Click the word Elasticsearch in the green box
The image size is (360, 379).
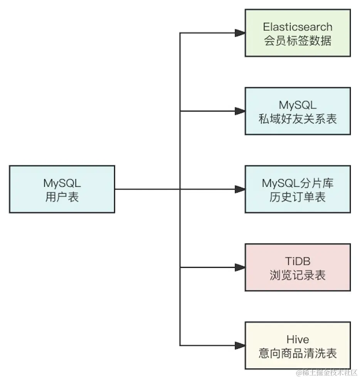[x=298, y=27]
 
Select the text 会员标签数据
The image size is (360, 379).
[x=298, y=41]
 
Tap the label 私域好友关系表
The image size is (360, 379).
[x=298, y=118]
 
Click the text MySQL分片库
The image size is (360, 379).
[x=298, y=183]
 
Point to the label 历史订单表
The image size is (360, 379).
[x=298, y=197]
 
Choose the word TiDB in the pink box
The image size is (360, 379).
[x=298, y=261]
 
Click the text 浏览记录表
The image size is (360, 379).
[x=298, y=275]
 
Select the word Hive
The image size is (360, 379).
[x=298, y=339]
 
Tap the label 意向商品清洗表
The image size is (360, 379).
[x=298, y=353]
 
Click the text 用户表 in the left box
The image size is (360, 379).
[x=62, y=197]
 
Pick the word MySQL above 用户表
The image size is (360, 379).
[x=62, y=183]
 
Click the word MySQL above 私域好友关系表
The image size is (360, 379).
[x=298, y=105]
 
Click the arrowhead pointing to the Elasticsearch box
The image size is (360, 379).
[x=240, y=33]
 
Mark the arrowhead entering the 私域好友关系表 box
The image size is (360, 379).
[x=240, y=111]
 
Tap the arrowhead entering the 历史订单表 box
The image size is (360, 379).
[x=240, y=189]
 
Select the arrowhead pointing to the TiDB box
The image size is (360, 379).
[x=240, y=267]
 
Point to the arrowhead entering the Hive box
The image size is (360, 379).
[x=240, y=345]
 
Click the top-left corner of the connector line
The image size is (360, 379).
[x=180, y=33]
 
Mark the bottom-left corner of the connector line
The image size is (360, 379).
[x=180, y=345]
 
